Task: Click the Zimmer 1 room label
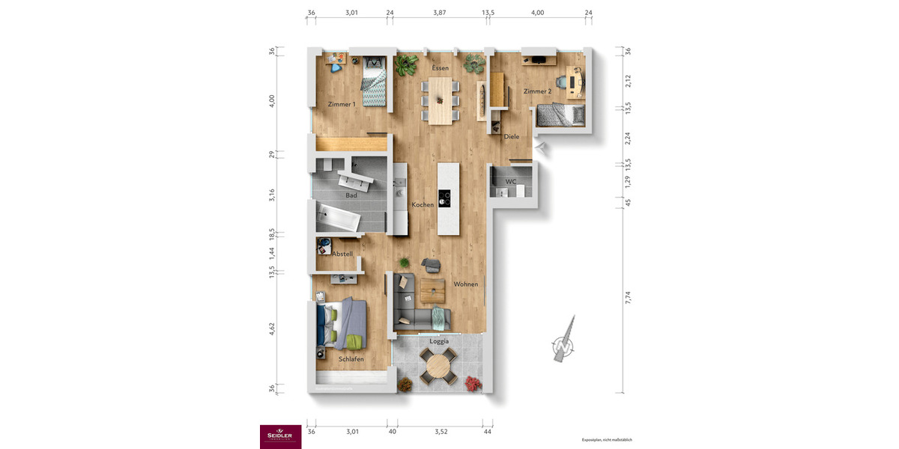[x=342, y=104]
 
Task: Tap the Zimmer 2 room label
[x=537, y=91]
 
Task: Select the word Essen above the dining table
[x=440, y=68]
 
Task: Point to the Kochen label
[x=423, y=204]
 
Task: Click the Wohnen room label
[x=465, y=284]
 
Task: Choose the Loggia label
[x=439, y=341]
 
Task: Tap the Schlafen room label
[x=351, y=359]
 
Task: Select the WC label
[x=511, y=182]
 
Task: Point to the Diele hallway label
[x=512, y=137]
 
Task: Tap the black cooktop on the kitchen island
[x=445, y=199]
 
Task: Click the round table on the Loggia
[x=438, y=367]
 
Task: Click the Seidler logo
[x=280, y=436]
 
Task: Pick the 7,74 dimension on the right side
[x=629, y=297]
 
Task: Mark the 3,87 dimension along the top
[x=440, y=13]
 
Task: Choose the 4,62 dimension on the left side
[x=273, y=330]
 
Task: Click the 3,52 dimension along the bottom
[x=440, y=431]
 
